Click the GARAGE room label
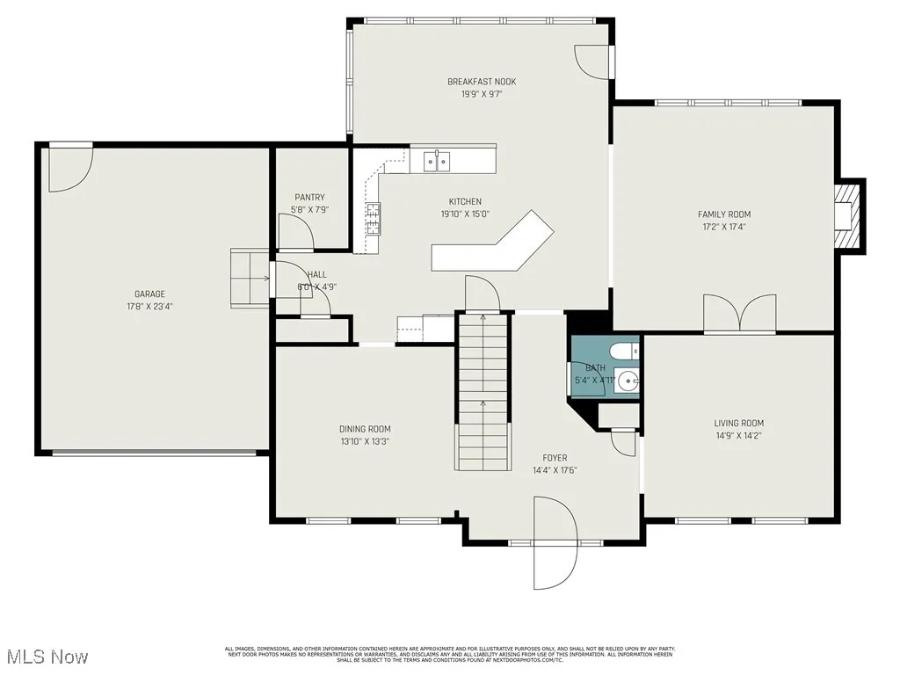(149, 294)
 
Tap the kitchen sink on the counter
(437, 160)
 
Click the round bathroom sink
(627, 381)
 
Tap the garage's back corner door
(70, 167)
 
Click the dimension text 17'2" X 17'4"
(724, 227)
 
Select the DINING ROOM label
(365, 429)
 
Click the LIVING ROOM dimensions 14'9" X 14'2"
(738, 435)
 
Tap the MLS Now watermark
(45, 657)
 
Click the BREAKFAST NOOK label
(481, 82)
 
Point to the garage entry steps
(250, 279)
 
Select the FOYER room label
(554, 458)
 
